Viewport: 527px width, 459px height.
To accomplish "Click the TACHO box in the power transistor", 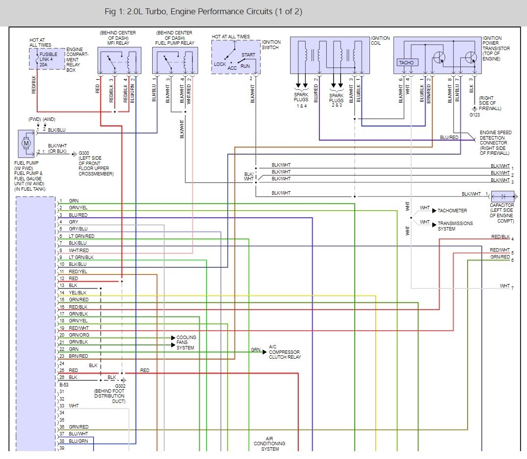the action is pos(406,62).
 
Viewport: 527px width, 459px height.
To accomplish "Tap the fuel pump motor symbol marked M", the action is pos(26,143).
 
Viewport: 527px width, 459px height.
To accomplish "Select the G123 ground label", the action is pos(474,115).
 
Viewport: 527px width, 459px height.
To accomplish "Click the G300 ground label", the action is pos(84,153).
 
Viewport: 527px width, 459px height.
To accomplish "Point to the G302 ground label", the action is pos(120,386).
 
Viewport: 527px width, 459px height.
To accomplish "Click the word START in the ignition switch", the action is pos(248,55).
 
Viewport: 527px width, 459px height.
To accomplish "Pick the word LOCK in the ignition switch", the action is pos(220,64).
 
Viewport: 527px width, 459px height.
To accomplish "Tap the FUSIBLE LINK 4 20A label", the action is pos(48,59).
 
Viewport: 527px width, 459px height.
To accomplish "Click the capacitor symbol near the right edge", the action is pos(503,196).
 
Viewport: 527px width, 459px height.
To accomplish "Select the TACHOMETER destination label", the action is pos(452,211).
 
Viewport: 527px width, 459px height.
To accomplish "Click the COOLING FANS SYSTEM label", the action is pos(186,343).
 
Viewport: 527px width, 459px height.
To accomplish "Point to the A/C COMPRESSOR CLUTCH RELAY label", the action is pos(285,352).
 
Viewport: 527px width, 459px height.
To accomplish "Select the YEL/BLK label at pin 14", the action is pos(78,293).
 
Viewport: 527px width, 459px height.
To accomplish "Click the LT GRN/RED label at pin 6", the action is pos(81,236).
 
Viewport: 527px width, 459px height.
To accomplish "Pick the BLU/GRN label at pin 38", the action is pos(79,441).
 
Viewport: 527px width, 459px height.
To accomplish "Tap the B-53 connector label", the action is pos(64,385).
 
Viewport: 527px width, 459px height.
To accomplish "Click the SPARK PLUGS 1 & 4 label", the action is pos(301,100).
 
